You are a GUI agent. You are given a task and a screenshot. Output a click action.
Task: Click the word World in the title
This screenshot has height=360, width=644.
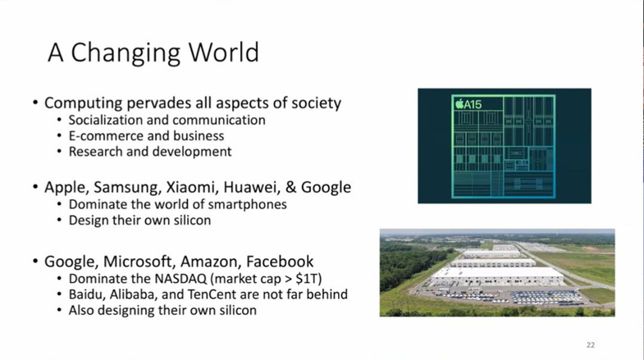[x=224, y=52]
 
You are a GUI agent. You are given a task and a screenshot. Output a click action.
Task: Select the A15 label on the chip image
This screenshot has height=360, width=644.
[x=468, y=104]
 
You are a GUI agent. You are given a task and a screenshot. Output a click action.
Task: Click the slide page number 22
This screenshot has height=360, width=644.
[x=591, y=345]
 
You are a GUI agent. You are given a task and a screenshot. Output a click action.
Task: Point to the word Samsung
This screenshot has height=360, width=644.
[x=128, y=188]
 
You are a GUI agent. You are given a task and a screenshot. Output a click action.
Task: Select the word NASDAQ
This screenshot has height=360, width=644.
[x=180, y=279]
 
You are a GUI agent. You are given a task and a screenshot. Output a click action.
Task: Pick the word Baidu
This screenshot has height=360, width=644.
[x=86, y=294]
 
